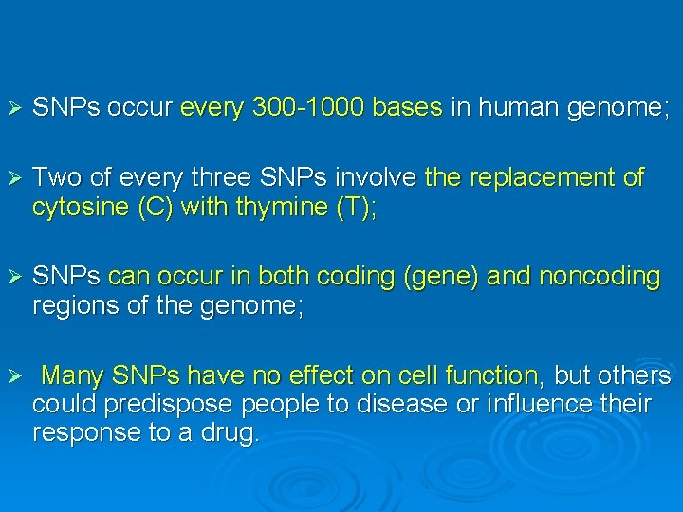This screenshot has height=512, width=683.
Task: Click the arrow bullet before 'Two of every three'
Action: click(x=13, y=178)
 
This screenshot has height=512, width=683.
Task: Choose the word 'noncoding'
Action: click(x=600, y=276)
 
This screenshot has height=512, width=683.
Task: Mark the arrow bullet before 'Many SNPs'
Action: click(x=13, y=376)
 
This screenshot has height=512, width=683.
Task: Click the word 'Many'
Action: click(x=72, y=375)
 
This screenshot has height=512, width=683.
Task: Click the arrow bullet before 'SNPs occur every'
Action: click(x=13, y=109)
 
